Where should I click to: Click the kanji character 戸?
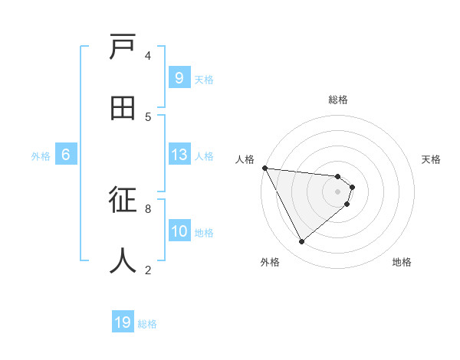123,48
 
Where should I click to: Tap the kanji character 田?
123,108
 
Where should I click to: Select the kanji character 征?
123,201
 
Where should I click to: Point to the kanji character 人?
123,260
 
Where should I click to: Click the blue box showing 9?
179,78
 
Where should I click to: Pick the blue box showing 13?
179,155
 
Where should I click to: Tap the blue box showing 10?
179,232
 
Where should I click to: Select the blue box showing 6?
66,155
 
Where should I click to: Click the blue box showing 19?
123,322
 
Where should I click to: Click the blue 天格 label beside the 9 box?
204,79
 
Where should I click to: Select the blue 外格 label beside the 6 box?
41,156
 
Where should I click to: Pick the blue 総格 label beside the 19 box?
147,324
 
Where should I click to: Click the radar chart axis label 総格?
337,100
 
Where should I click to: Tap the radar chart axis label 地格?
402,262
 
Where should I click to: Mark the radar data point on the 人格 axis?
264,168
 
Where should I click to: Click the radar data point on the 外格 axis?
301,242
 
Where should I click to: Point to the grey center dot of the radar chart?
337,191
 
